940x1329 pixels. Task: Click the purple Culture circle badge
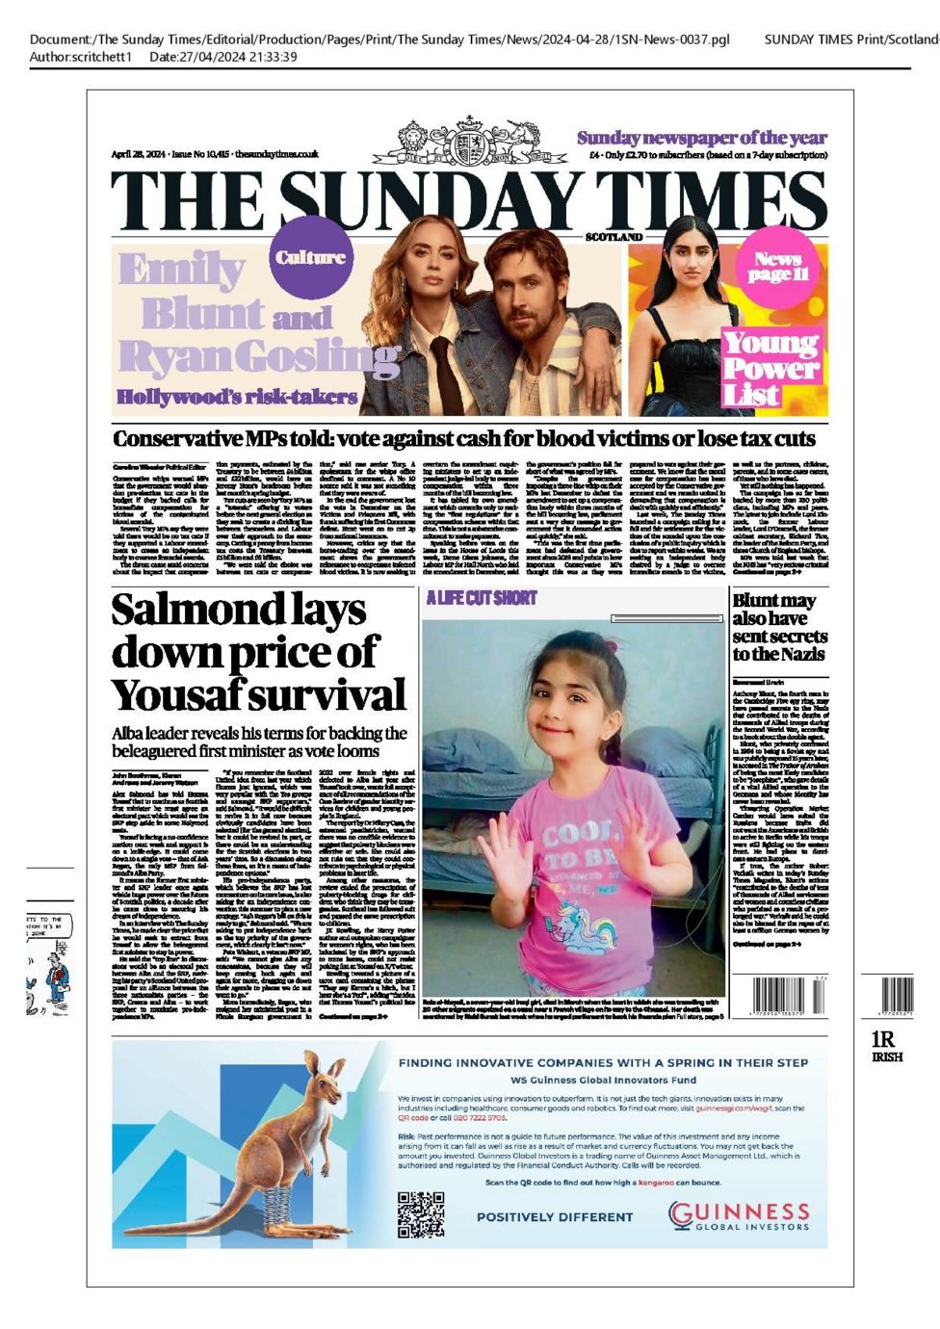click(310, 257)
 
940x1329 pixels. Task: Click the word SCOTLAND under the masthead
click(614, 236)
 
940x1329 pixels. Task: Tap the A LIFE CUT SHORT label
click(481, 598)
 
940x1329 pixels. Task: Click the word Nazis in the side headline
click(793, 654)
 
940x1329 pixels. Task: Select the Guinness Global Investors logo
click(739, 1215)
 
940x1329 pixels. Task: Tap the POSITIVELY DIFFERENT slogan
click(555, 1217)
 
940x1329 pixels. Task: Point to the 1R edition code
click(883, 1039)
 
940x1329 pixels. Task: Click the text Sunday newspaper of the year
click(701, 138)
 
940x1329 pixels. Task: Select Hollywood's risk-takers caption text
click(236, 396)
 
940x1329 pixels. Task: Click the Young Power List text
click(771, 368)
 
